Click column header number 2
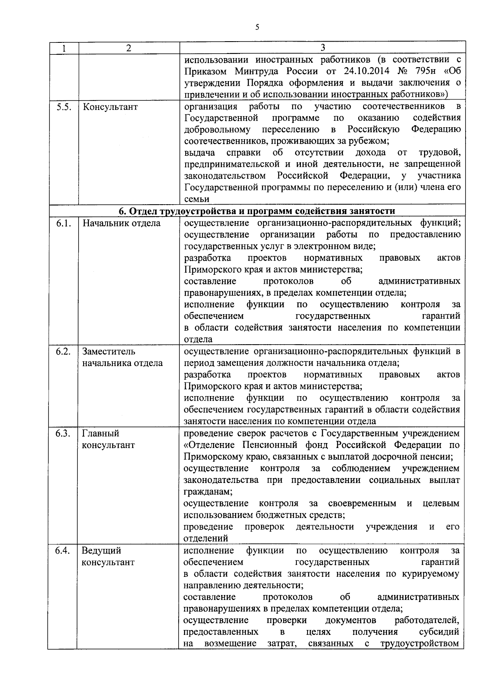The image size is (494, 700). click(x=128, y=48)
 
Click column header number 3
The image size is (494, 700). click(x=322, y=48)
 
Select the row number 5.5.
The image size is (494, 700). click(x=63, y=107)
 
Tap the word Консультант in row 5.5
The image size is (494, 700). click(x=110, y=107)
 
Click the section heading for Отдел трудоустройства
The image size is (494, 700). click(x=257, y=211)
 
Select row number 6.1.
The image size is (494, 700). click(x=63, y=224)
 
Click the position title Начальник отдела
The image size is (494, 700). click(x=121, y=224)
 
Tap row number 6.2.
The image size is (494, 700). click(x=63, y=352)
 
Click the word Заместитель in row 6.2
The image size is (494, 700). click(x=108, y=352)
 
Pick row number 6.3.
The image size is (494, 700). click(x=63, y=434)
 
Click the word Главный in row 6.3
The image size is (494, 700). click(x=100, y=434)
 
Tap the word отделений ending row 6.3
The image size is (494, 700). click(x=206, y=539)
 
